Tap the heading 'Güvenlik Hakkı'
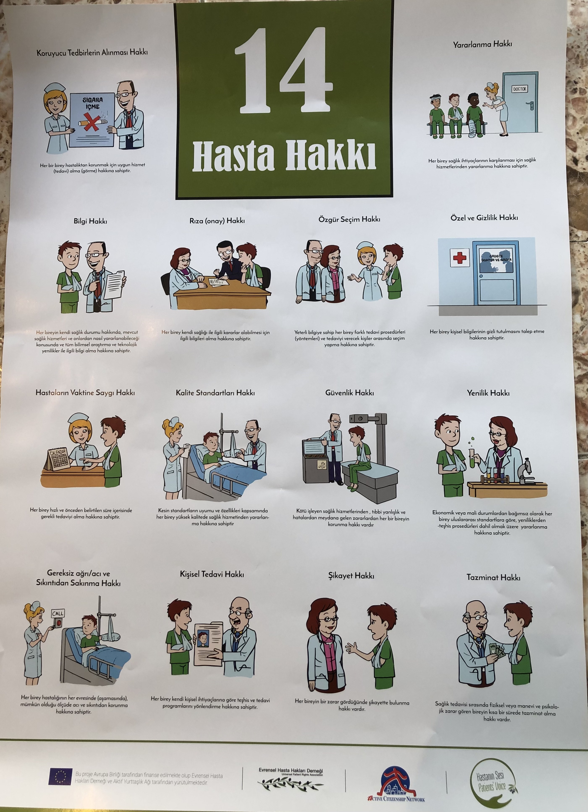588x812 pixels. tap(350, 393)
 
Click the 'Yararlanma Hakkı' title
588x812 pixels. tap(482, 44)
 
